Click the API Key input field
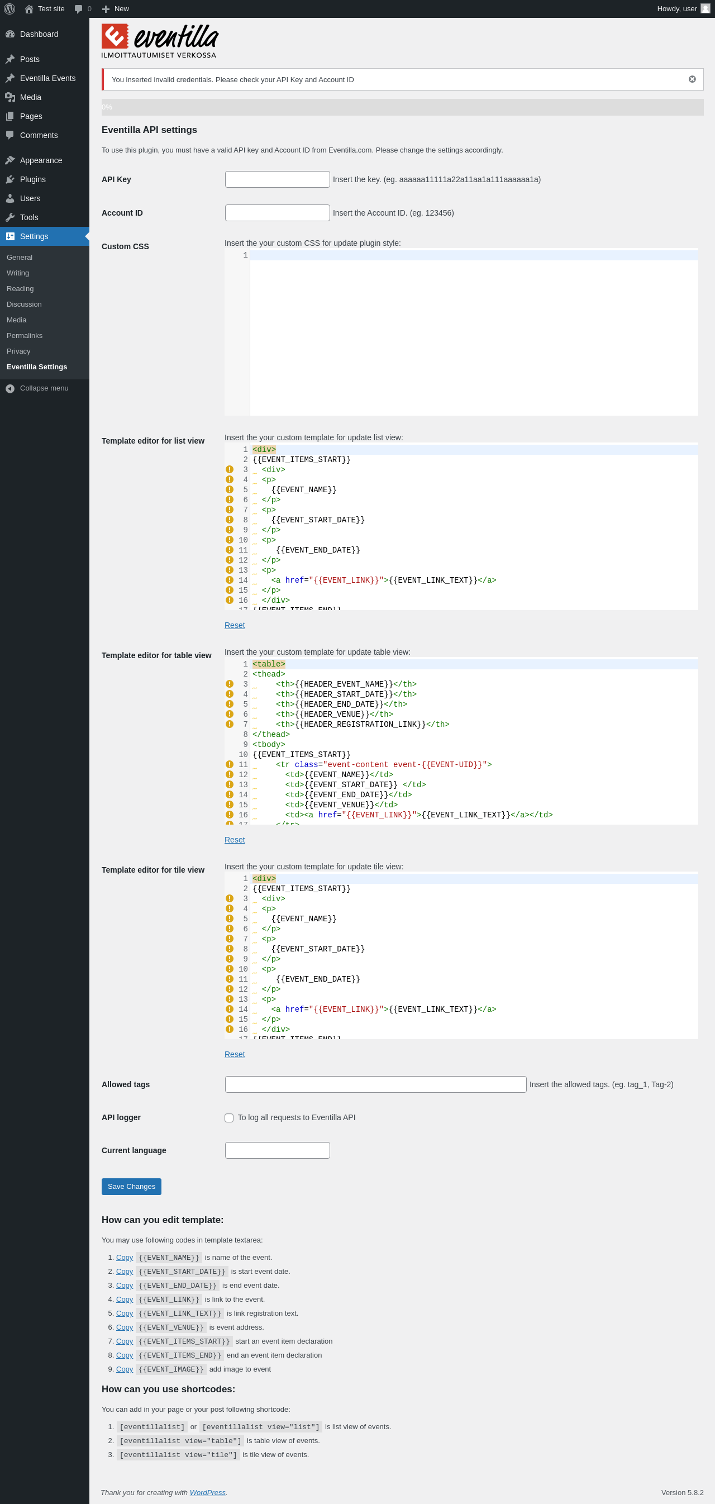(x=277, y=179)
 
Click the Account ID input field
(x=277, y=213)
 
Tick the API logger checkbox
(x=229, y=1117)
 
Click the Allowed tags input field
(x=375, y=1084)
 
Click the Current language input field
(x=277, y=1150)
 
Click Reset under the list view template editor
(x=235, y=625)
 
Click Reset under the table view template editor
(x=235, y=840)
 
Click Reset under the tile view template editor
(x=235, y=1054)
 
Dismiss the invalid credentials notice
(x=692, y=79)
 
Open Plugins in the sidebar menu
(x=33, y=179)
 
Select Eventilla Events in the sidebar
(x=47, y=78)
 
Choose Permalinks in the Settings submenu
(x=25, y=336)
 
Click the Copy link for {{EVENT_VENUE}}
(x=125, y=1327)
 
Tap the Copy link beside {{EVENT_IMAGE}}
(x=125, y=1369)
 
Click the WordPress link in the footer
(x=207, y=1492)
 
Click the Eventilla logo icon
(x=115, y=36)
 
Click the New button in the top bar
(x=116, y=9)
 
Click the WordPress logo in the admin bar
(x=10, y=9)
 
